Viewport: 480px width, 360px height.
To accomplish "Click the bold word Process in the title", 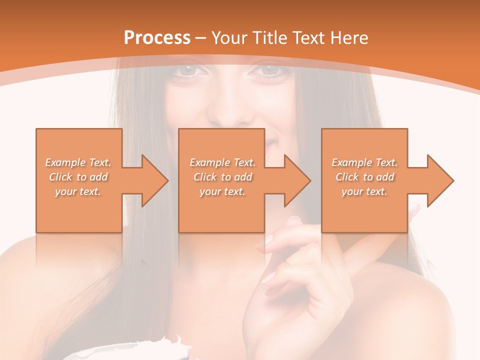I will click(x=157, y=38).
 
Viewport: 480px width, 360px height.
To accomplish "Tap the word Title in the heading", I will click(x=268, y=38).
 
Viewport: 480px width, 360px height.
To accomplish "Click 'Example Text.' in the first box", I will click(x=78, y=162).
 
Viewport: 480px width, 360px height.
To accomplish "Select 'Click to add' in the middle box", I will click(x=222, y=177).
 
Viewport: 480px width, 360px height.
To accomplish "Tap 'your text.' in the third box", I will click(x=364, y=191).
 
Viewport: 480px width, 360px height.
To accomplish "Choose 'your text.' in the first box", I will click(x=78, y=191).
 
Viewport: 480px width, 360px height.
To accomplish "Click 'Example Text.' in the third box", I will click(x=364, y=162).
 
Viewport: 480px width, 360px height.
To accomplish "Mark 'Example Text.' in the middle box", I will click(x=222, y=162).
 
